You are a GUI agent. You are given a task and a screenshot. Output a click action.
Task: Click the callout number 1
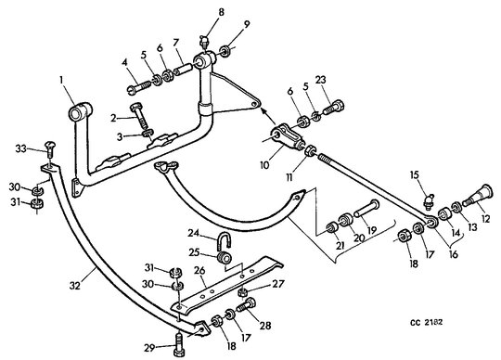(61, 80)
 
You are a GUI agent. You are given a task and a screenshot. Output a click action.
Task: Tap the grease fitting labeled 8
(204, 43)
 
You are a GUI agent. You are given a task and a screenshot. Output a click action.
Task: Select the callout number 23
(321, 79)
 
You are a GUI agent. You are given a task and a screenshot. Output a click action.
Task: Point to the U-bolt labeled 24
(224, 241)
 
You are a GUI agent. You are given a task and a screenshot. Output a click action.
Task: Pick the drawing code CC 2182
(427, 322)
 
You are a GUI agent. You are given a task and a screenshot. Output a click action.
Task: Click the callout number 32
(74, 285)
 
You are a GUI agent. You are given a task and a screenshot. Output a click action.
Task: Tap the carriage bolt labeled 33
(49, 148)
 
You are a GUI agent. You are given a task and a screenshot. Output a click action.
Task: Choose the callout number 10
(264, 165)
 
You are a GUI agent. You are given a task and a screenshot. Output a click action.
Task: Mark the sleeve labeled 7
(183, 70)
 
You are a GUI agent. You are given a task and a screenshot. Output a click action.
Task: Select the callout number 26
(199, 272)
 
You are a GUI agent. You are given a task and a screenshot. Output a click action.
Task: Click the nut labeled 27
(243, 292)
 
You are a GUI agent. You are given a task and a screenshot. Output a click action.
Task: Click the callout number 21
(340, 245)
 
